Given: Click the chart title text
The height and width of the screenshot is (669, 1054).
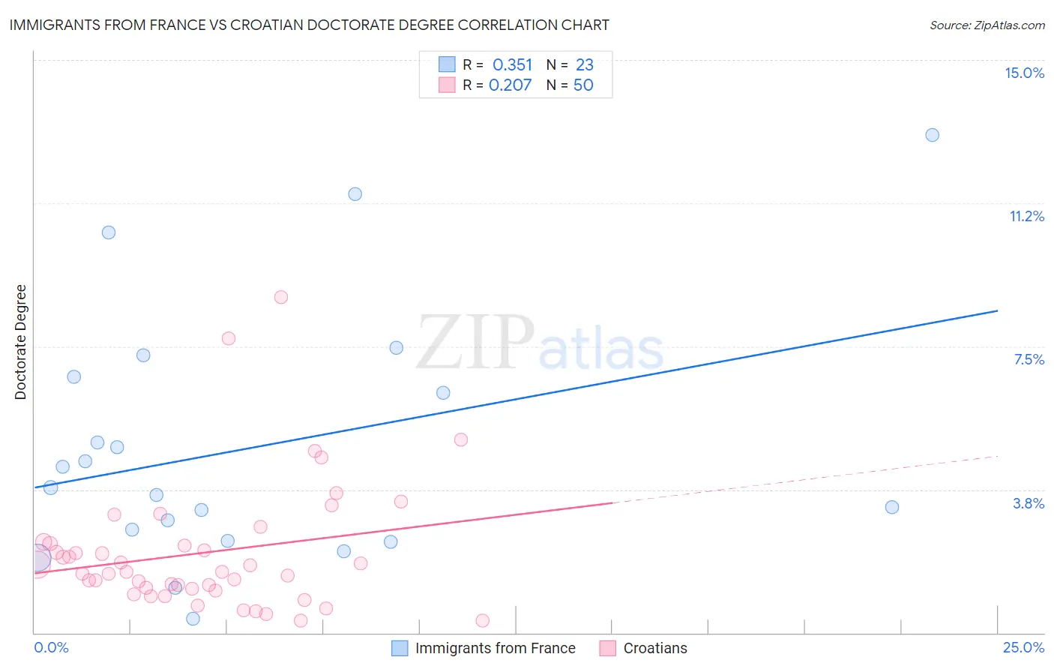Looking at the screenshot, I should (x=309, y=25).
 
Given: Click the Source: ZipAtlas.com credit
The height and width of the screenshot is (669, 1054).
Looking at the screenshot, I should (x=987, y=25).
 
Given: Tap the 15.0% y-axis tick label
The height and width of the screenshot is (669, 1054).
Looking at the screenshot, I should (x=1024, y=73).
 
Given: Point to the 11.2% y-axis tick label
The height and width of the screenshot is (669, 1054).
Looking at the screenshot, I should (x=1026, y=216).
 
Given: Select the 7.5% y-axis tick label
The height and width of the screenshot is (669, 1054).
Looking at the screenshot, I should (x=1029, y=359).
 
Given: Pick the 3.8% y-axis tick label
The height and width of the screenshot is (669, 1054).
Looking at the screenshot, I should (x=1029, y=503).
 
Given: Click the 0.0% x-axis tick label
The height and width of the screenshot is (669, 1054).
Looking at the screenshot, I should (x=51, y=647).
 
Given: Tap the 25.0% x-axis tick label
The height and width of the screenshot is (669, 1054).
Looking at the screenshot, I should (x=1023, y=647).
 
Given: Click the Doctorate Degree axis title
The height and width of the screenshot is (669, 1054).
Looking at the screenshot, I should (x=20, y=342).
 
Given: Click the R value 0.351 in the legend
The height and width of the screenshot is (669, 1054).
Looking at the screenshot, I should (x=512, y=65).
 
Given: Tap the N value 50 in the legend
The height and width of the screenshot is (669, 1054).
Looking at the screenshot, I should (x=583, y=85).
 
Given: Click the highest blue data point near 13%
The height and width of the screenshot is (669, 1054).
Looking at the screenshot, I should (x=932, y=135).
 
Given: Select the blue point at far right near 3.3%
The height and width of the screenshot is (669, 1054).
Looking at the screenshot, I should (x=891, y=507).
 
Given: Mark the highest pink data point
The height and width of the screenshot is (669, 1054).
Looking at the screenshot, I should (x=281, y=297).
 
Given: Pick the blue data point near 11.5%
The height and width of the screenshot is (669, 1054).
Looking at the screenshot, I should (x=355, y=194).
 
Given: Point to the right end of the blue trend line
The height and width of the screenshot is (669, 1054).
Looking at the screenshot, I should (x=997, y=310).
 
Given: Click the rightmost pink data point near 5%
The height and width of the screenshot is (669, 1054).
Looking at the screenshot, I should (x=461, y=439).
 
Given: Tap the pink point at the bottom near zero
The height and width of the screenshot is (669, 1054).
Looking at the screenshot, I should (x=482, y=620).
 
